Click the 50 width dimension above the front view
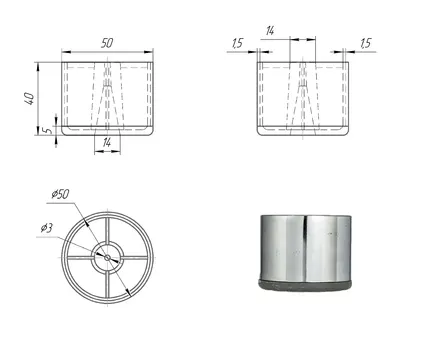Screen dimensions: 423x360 [107, 43]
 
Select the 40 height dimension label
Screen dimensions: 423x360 [30, 98]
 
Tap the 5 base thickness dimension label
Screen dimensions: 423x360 [49, 130]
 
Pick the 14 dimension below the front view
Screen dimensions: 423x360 [107, 143]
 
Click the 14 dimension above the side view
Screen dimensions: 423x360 [270, 31]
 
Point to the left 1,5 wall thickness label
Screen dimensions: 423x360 [238, 43]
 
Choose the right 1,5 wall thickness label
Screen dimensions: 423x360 [365, 43]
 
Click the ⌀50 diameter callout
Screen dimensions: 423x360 [60, 194]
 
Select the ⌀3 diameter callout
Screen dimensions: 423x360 [47, 228]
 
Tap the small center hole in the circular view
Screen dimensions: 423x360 [107, 257]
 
